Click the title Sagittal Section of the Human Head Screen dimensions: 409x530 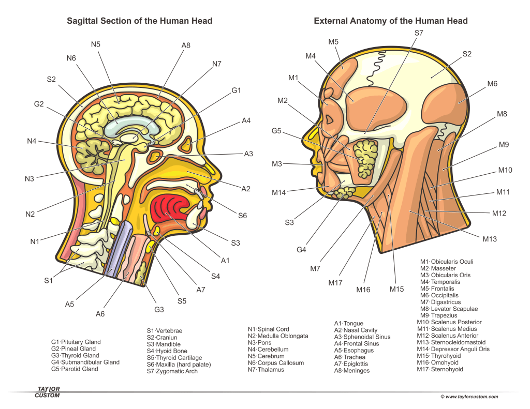click(140, 21)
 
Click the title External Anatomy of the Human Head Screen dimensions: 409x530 click(391, 21)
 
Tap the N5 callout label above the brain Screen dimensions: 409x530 click(96, 44)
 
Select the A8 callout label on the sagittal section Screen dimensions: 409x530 click(186, 46)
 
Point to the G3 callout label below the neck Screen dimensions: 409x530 click(159, 310)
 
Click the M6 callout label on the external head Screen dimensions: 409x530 click(492, 84)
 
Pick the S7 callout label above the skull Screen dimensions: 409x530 click(419, 33)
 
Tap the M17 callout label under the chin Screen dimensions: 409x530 click(336, 283)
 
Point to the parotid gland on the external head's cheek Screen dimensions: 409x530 click(368, 156)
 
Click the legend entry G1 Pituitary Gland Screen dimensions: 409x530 click(76, 342)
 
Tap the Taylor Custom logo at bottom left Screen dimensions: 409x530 click(47, 392)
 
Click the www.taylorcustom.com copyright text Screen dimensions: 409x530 click(469, 397)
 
